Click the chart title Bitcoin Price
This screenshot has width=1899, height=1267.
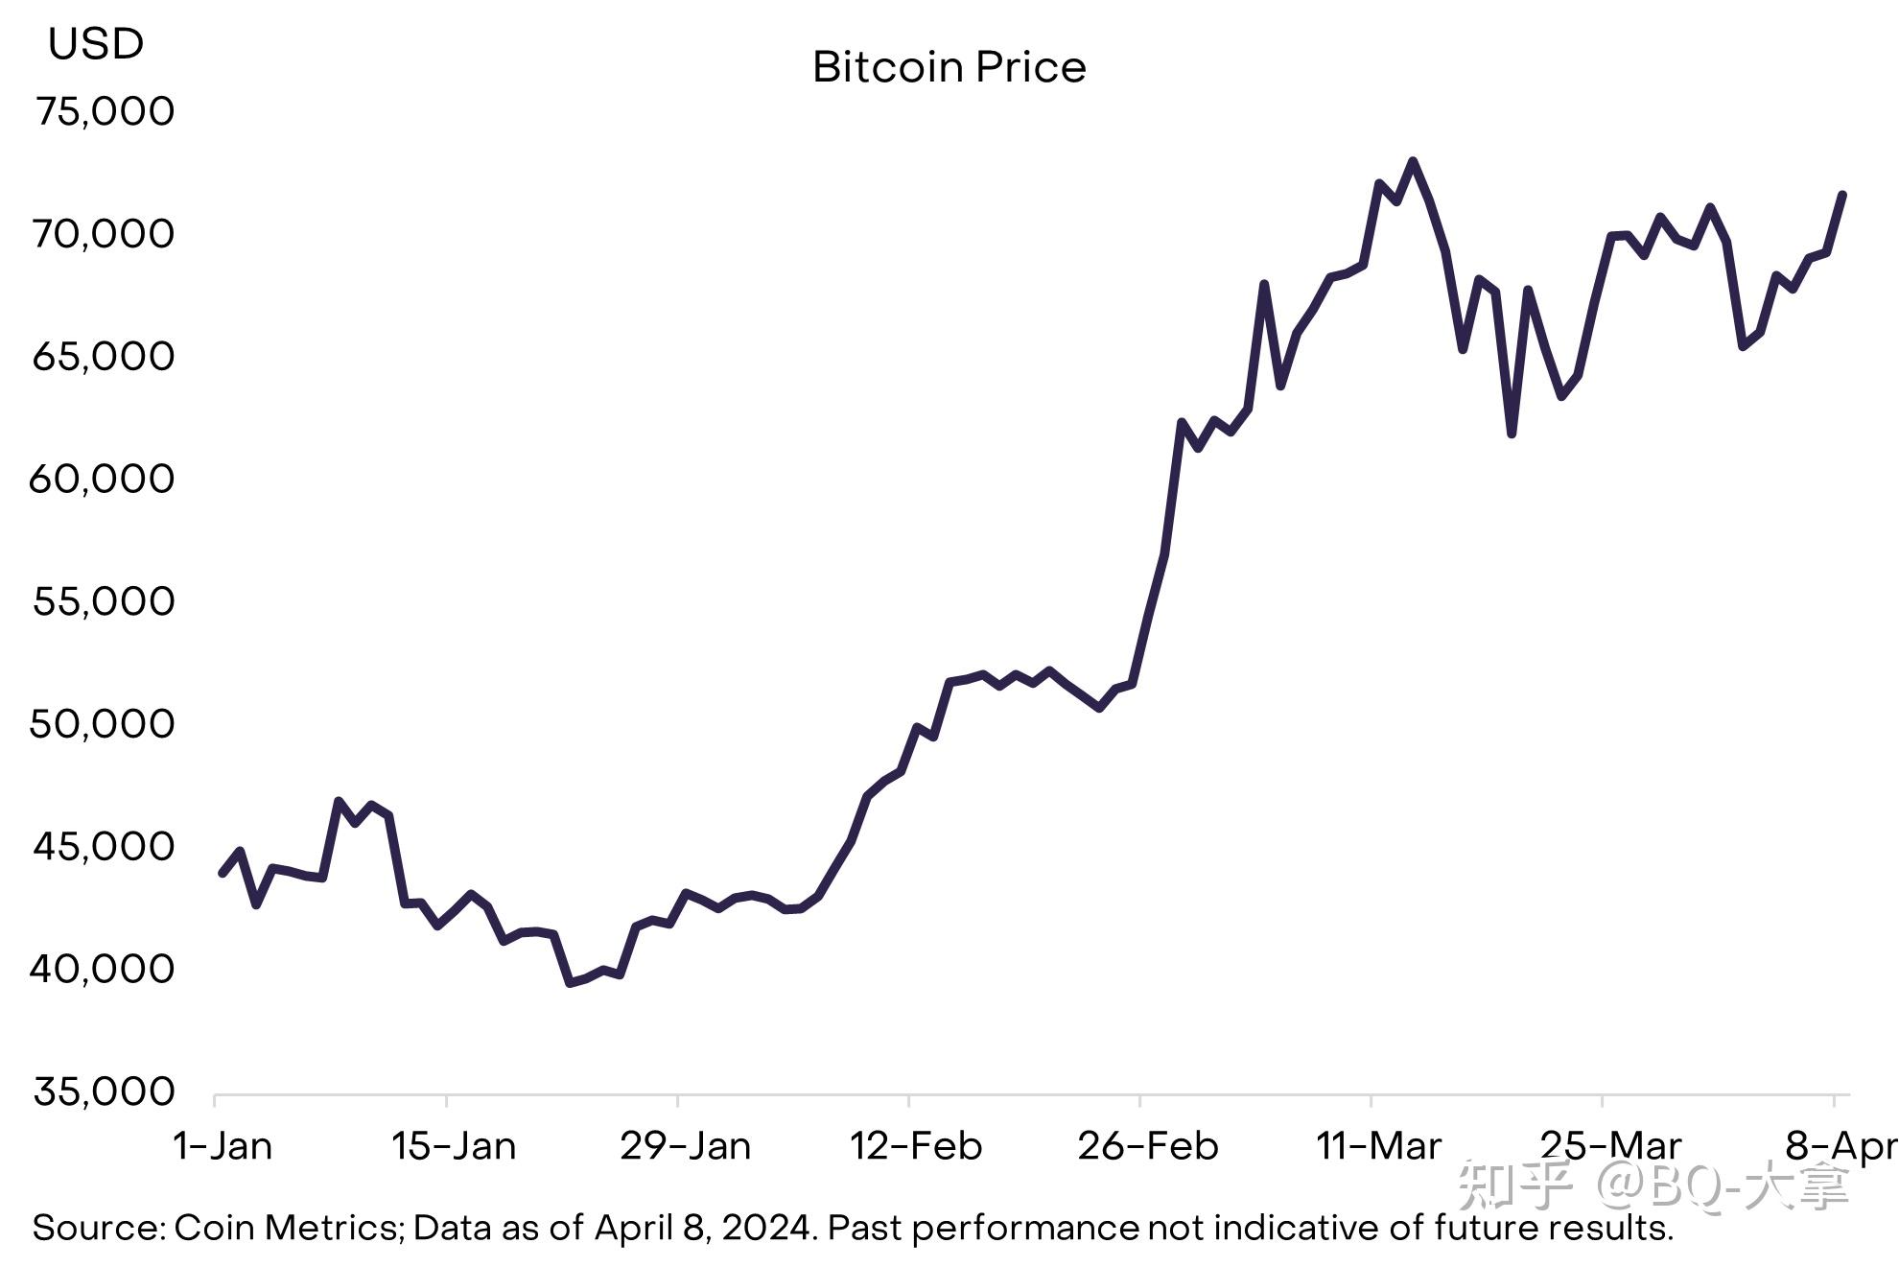[x=949, y=67]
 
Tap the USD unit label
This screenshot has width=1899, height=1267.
[x=96, y=44]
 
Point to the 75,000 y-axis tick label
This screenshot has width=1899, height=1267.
[x=105, y=111]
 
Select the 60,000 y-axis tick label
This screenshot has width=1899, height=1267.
[x=102, y=479]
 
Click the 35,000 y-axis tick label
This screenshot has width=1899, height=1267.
[x=104, y=1091]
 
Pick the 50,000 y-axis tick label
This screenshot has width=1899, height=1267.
[x=102, y=724]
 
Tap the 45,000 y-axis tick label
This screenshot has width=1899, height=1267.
[x=104, y=846]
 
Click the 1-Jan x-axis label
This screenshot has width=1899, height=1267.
[x=223, y=1146]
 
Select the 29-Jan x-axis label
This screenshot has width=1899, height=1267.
[x=685, y=1146]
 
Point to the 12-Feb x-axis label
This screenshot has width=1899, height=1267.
[x=916, y=1146]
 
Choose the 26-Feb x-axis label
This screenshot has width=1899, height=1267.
[x=1147, y=1146]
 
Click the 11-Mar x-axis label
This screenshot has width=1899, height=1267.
[x=1378, y=1146]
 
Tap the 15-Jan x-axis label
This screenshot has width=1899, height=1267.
[x=454, y=1146]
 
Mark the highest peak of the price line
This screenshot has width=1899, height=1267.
[x=1412, y=161]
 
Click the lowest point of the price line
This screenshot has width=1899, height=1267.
[x=570, y=983]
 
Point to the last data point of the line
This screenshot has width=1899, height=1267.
[x=1842, y=195]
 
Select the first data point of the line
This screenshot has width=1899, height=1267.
[x=223, y=874]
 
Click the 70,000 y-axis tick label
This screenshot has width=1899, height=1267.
[x=103, y=234]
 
